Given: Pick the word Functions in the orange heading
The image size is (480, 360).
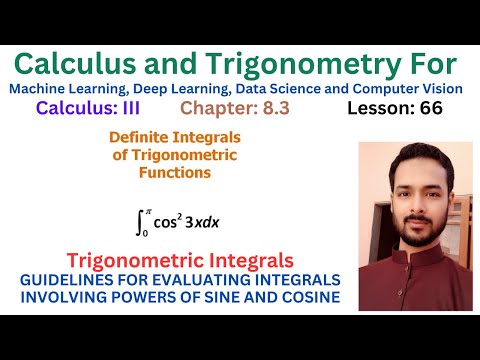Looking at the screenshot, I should tap(175, 172).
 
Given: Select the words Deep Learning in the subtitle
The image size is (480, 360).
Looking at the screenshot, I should tap(206, 90).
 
